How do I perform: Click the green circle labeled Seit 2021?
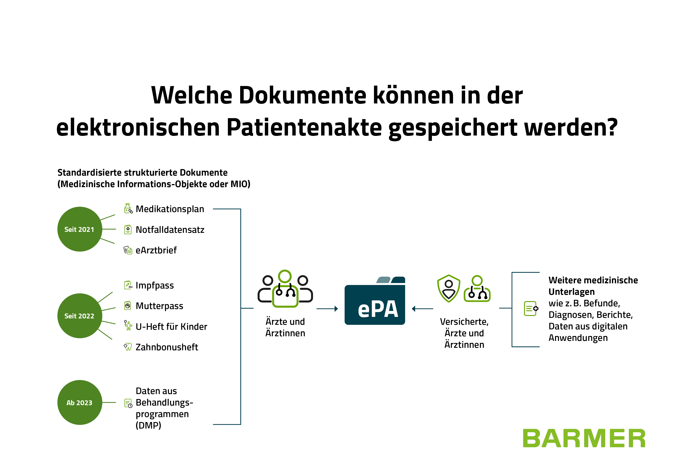80,229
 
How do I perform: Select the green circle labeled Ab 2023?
80,402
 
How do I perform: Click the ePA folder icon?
375,301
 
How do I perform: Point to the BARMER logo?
584,438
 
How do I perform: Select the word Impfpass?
155,285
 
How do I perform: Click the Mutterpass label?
159,306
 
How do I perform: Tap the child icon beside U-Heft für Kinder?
128,325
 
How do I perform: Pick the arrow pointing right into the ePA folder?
327,308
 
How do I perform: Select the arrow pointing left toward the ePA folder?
422,308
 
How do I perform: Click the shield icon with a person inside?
449,289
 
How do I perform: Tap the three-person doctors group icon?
285,289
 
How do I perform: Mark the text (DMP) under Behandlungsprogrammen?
148,425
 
